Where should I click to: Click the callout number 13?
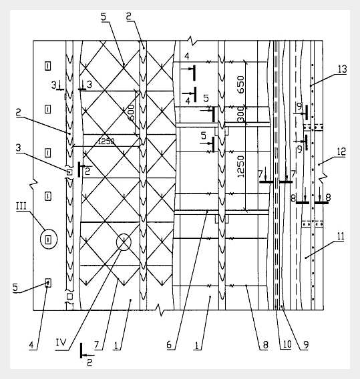click(x=342, y=69)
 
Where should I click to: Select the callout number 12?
click(x=341, y=151)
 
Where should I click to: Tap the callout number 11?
click(x=341, y=236)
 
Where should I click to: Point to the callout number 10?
click(x=287, y=344)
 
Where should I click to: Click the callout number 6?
click(x=169, y=345)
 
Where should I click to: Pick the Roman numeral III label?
click(x=21, y=206)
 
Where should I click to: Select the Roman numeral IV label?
click(x=61, y=342)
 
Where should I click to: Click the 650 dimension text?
click(x=240, y=85)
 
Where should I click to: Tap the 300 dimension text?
click(x=240, y=115)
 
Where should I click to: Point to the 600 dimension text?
click(x=131, y=112)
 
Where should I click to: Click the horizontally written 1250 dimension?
click(x=106, y=141)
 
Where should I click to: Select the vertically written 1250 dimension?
click(x=241, y=166)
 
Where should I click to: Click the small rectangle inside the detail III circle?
click(x=48, y=240)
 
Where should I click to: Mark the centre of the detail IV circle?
click(x=124, y=242)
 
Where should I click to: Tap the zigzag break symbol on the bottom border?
click(x=160, y=310)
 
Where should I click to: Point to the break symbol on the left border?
click(x=33, y=183)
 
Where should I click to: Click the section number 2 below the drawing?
click(x=89, y=362)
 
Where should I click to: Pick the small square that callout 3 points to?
click(x=69, y=172)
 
